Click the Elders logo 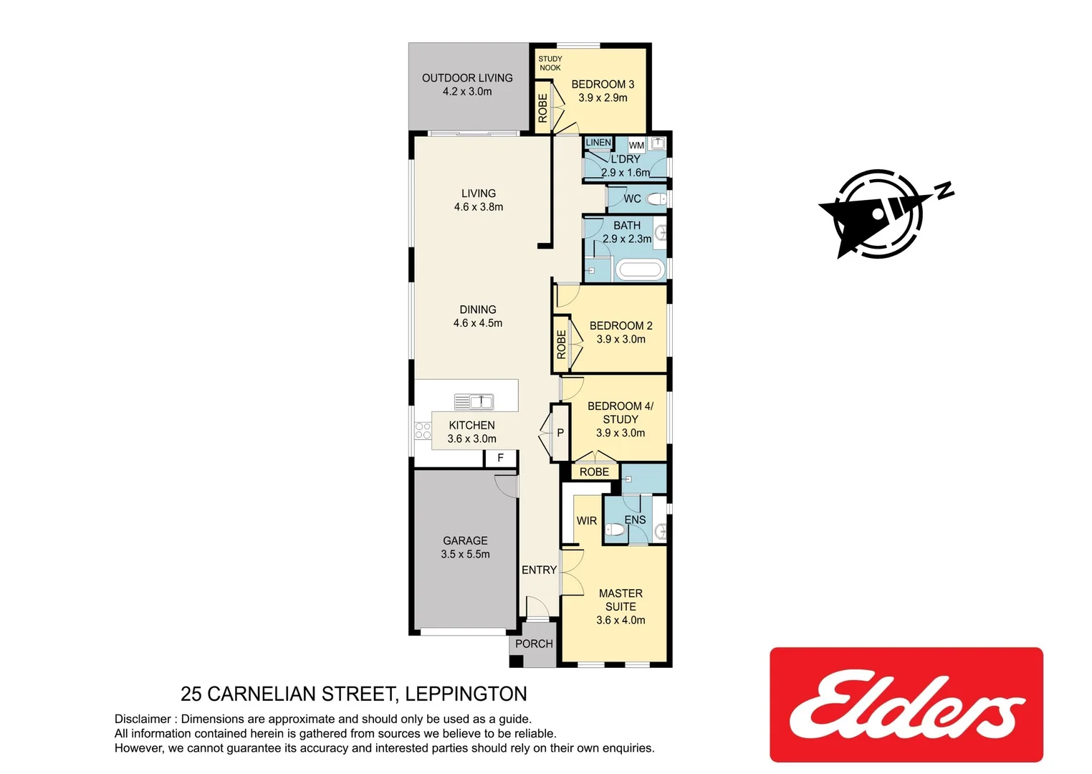[906, 704]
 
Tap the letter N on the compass [945, 190]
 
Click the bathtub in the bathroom [639, 270]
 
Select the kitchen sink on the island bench [474, 401]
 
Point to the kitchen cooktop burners [423, 431]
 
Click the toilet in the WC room [656, 199]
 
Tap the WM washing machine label [636, 145]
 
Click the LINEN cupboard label [598, 143]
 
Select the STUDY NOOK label [550, 63]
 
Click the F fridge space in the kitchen [500, 458]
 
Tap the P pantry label [560, 433]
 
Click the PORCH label [534, 644]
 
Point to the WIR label [586, 521]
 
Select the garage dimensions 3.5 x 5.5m [465, 554]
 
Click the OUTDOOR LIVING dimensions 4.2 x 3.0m [467, 92]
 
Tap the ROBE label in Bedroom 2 [561, 344]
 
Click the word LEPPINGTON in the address [466, 694]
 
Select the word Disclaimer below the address [143, 719]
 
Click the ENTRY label [539, 570]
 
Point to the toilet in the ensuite [614, 530]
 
